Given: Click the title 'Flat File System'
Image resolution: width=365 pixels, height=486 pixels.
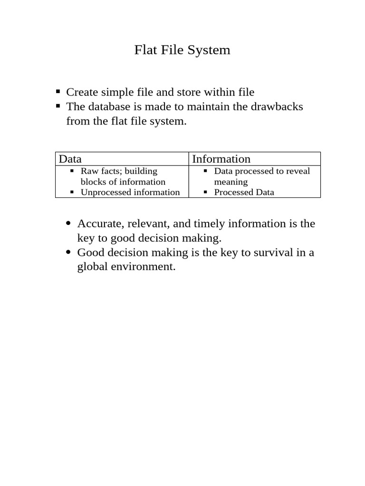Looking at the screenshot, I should [x=182, y=50].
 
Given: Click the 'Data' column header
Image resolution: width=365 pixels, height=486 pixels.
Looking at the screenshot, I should [x=70, y=159].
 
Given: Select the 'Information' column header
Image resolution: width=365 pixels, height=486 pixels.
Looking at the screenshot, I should [x=221, y=159].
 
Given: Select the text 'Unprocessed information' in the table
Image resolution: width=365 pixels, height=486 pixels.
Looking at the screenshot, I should [x=130, y=192].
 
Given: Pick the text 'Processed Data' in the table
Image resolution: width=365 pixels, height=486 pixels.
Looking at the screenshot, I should [x=244, y=192].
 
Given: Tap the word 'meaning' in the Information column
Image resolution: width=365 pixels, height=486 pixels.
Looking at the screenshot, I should [x=231, y=182].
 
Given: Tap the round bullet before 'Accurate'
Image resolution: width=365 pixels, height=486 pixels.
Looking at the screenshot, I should [x=69, y=224].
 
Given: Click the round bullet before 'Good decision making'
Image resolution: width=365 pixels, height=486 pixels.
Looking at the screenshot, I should [x=69, y=252].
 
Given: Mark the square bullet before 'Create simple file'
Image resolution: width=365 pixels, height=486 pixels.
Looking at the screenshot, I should [x=58, y=92].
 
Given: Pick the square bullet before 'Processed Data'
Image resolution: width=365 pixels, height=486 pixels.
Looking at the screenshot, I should [x=205, y=192].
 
